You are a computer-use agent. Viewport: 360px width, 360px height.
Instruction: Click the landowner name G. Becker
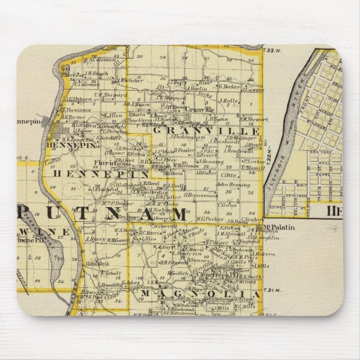(x=229, y=87)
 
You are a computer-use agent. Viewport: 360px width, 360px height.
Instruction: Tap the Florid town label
(x=104, y=163)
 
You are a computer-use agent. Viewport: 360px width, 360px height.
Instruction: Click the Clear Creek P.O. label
(x=211, y=274)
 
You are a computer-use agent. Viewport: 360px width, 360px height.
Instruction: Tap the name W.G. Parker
(x=195, y=218)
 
